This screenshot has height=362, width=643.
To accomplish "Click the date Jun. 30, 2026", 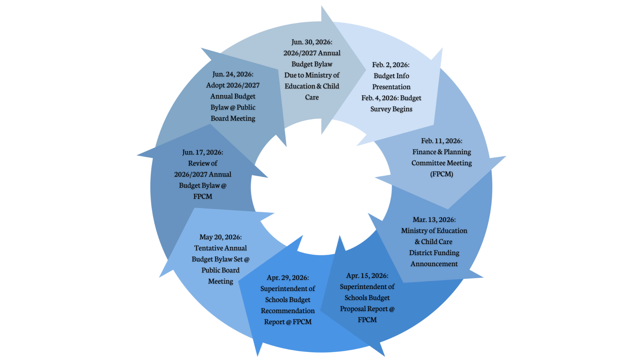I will click(311, 42).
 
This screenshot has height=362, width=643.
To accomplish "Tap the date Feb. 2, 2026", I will click(390, 65).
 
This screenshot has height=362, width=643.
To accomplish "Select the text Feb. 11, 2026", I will click(441, 141).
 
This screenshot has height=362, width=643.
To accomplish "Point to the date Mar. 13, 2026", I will click(434, 220).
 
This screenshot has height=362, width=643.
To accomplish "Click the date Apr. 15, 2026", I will click(367, 276).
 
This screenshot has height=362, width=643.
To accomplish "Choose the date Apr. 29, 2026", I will click(287, 278).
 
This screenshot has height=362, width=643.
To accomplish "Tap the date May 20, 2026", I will click(220, 237).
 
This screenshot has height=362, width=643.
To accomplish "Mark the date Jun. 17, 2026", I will click(202, 153).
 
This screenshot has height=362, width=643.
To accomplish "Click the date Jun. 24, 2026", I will click(232, 74).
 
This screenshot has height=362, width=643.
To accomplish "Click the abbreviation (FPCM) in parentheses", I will click(441, 174).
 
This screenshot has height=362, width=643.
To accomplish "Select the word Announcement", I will click(434, 264).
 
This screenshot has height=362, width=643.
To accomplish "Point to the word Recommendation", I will click(288, 311).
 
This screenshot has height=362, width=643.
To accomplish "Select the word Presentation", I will click(391, 87).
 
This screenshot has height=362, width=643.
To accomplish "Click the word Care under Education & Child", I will click(311, 98).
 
